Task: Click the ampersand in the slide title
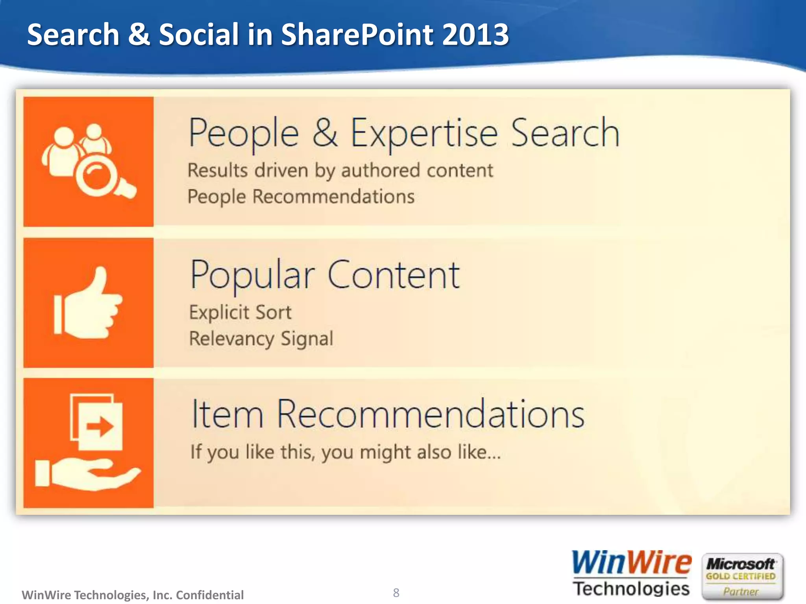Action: point(139,35)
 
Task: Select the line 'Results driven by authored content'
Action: point(340,171)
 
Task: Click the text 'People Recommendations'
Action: point(301,197)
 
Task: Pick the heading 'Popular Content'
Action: point(324,275)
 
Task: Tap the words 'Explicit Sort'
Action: point(240,313)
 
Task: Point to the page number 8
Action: point(396,593)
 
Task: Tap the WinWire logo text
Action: point(631,563)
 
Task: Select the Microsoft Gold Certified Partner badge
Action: point(742,576)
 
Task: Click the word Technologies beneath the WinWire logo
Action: point(631,589)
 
